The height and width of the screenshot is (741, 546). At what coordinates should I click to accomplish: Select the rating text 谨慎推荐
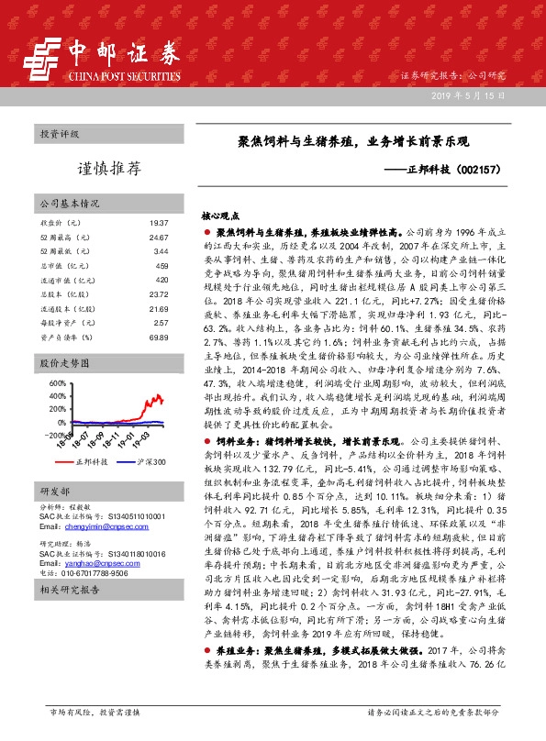point(108,168)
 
